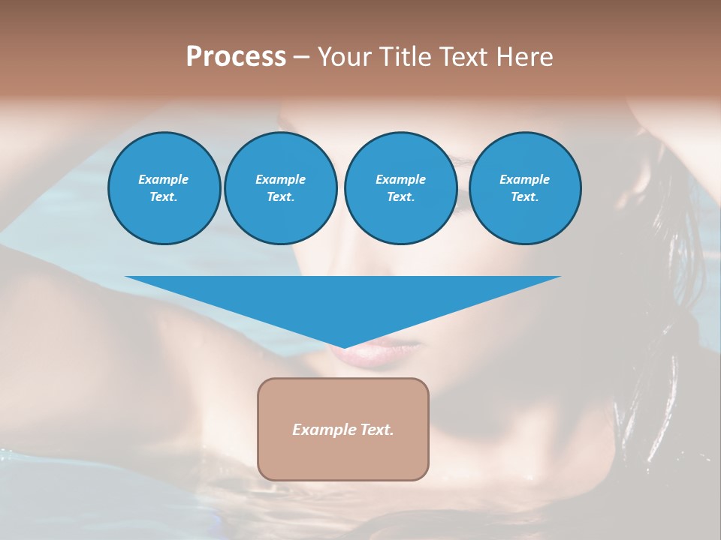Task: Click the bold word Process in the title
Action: click(x=236, y=57)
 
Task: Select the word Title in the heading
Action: click(x=405, y=57)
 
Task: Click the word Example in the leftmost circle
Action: click(x=164, y=179)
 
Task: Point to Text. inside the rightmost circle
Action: click(x=525, y=196)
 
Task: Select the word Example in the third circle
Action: click(x=401, y=179)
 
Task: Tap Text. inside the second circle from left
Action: click(x=281, y=196)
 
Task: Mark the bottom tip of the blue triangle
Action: click(x=343, y=346)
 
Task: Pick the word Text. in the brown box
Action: click(x=375, y=430)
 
